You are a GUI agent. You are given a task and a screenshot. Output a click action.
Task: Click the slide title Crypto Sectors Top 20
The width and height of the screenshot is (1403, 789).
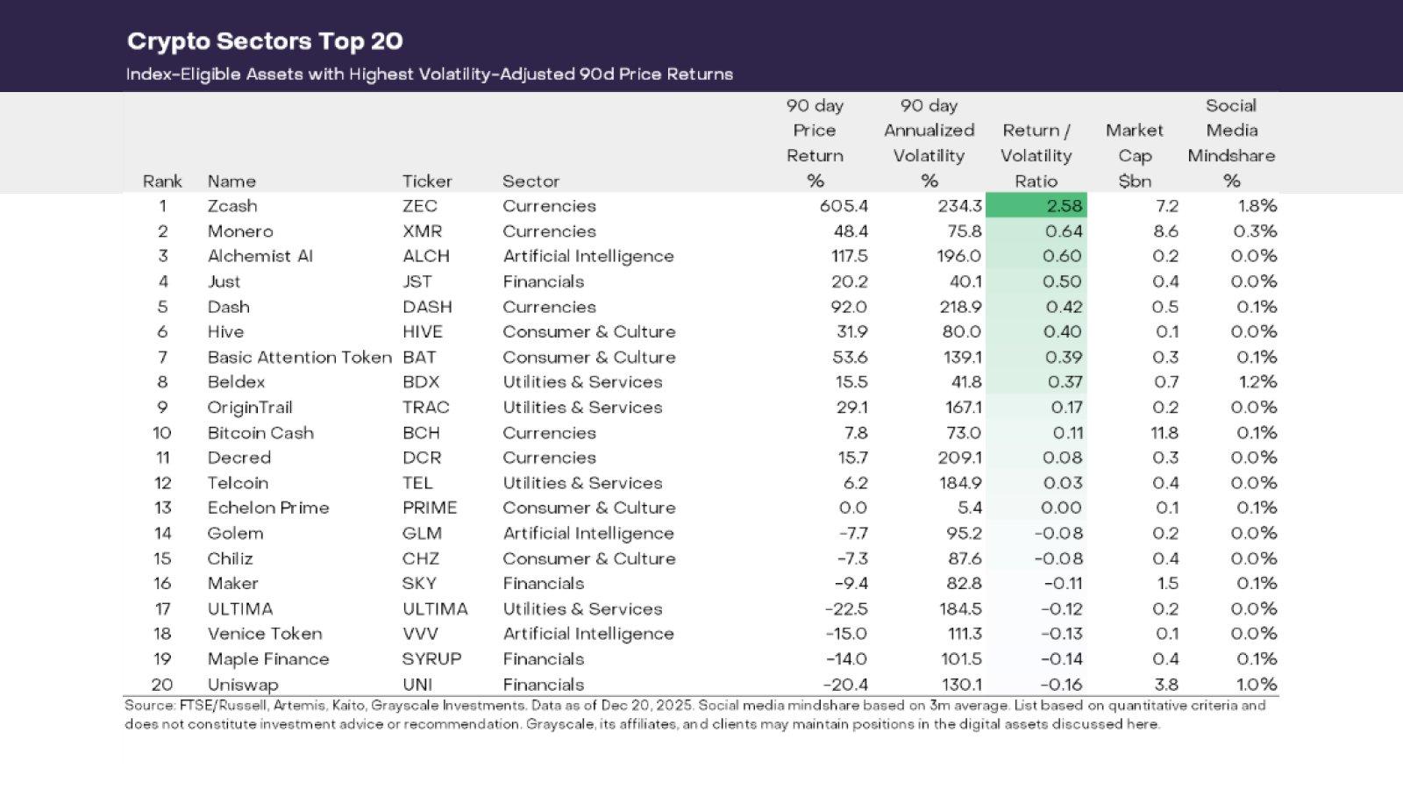tap(265, 41)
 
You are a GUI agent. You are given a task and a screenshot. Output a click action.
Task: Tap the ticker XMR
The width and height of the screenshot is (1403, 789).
tap(422, 231)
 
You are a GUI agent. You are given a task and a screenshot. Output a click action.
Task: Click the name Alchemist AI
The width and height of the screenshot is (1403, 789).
tap(260, 256)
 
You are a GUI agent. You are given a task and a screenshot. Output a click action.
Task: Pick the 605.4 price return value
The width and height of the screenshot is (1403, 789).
tap(844, 206)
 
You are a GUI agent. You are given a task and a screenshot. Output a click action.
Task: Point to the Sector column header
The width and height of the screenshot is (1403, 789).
tap(531, 181)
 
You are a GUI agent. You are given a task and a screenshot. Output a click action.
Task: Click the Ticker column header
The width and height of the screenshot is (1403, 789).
tap(427, 181)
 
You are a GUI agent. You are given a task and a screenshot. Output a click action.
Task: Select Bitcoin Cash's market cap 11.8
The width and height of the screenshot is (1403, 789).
tap(1164, 433)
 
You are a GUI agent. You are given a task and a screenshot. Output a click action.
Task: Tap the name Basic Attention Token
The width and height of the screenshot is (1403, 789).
tap(299, 358)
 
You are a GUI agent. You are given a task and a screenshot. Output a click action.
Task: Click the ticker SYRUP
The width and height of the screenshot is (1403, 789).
tap(431, 659)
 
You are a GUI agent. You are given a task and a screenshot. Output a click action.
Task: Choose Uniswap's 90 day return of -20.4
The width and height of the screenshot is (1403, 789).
tap(845, 685)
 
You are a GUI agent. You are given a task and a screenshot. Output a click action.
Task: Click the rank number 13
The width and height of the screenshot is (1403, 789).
tap(162, 508)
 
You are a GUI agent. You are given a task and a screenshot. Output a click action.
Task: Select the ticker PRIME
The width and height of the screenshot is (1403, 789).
tap(430, 508)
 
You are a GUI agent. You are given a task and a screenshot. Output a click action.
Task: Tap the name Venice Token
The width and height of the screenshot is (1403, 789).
tap(265, 634)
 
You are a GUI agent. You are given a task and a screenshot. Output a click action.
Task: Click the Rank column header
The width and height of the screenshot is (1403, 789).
tap(162, 181)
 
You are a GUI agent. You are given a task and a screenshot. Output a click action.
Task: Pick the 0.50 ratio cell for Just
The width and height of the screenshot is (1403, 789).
tap(1064, 281)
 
